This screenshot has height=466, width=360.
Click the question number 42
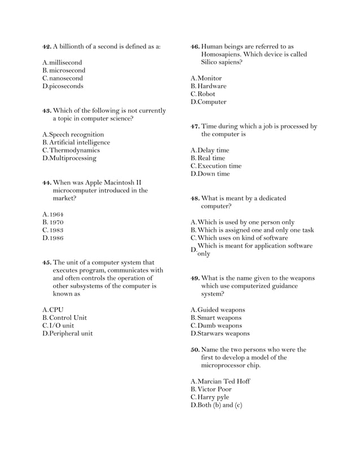47,46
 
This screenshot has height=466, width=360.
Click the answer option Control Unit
68,318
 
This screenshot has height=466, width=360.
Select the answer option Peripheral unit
71,333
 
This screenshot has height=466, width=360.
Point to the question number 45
47,262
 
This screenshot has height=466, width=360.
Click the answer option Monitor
209,78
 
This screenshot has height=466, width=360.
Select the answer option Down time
213,174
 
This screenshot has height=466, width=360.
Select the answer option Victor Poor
214,389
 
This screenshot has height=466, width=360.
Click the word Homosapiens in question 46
224,54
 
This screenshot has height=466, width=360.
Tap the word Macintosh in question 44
115,183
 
